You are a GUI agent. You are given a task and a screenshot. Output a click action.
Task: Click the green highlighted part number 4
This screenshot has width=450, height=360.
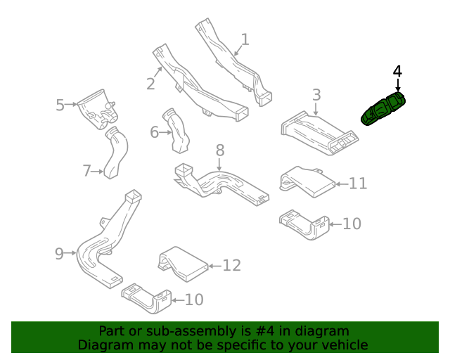(x=383, y=109)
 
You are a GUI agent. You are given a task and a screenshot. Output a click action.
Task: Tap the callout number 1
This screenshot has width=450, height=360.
(x=245, y=39)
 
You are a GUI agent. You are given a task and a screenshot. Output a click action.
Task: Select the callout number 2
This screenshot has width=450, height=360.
(x=150, y=84)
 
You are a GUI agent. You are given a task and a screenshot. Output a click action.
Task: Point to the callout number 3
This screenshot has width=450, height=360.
(x=316, y=95)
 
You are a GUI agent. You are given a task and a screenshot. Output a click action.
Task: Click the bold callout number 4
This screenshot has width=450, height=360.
(x=397, y=71)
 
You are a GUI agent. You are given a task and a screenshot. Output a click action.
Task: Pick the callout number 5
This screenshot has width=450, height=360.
(x=60, y=105)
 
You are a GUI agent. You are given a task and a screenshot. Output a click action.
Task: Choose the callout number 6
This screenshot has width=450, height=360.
(x=155, y=132)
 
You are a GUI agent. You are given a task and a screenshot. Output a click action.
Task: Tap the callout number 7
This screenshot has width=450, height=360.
(x=87, y=171)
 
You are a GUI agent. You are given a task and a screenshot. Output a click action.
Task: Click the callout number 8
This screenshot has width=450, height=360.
(x=220, y=150)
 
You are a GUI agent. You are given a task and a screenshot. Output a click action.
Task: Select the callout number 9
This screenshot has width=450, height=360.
(x=59, y=254)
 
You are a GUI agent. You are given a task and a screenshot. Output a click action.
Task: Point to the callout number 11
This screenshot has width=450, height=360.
(x=358, y=184)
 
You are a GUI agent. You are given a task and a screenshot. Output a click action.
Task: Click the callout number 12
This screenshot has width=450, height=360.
(x=232, y=266)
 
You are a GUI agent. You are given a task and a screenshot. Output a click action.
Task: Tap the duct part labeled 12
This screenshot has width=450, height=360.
(x=183, y=264)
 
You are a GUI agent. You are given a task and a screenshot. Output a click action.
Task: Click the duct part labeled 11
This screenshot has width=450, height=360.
(x=307, y=181)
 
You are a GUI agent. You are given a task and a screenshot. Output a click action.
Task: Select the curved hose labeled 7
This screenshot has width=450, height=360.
(x=116, y=153)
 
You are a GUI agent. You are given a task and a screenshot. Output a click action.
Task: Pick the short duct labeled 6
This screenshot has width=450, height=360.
(x=176, y=131)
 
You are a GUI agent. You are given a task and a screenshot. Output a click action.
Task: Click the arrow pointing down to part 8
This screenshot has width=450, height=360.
(x=219, y=165)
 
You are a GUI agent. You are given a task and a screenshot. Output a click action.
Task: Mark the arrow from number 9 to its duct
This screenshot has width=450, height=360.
(x=70, y=253)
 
